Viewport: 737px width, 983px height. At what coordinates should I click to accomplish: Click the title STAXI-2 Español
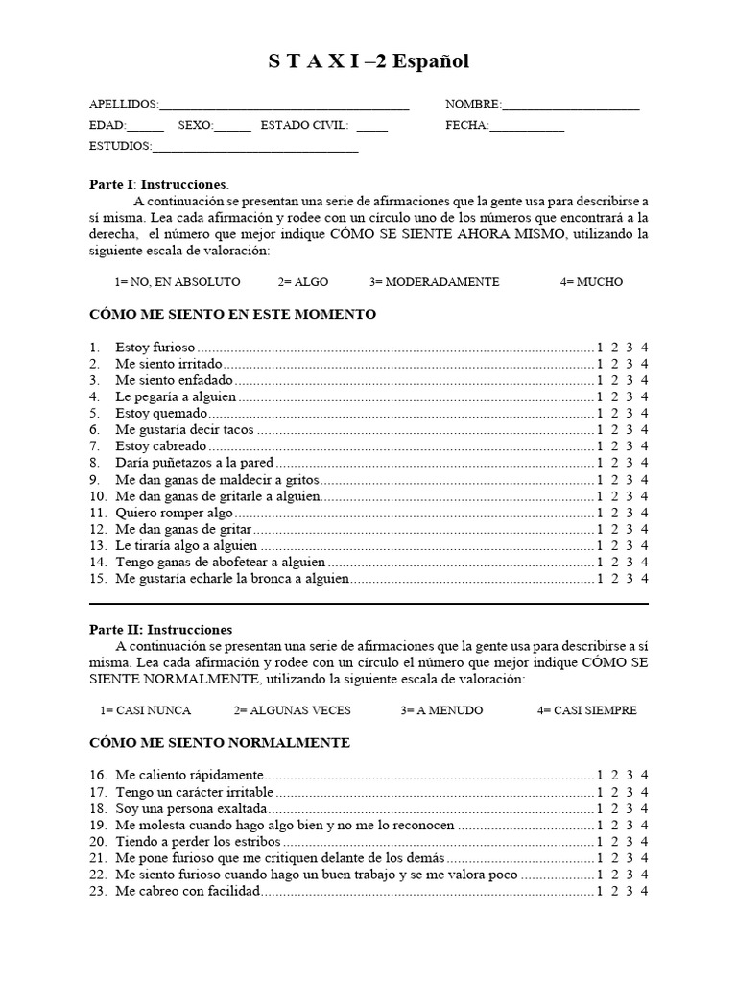click(368, 61)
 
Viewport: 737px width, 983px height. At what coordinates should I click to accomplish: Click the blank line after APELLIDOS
click(284, 106)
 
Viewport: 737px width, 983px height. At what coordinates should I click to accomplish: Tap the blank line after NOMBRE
click(570, 106)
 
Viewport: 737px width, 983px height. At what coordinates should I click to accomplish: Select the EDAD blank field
click(145, 127)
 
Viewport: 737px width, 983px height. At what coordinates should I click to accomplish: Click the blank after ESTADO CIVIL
click(371, 127)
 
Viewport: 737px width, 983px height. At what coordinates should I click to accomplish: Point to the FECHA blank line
click(527, 127)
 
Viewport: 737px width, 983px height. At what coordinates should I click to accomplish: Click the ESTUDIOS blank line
click(255, 148)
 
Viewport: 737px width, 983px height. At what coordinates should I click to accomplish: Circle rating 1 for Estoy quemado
click(600, 413)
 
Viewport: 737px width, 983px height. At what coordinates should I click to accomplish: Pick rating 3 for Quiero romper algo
click(630, 513)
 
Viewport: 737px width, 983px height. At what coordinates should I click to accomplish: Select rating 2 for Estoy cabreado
click(615, 446)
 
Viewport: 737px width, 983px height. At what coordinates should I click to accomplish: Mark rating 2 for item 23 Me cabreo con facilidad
click(615, 891)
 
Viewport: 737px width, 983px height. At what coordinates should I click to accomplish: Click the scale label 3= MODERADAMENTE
click(434, 282)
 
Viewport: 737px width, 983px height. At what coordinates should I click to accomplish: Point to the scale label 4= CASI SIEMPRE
click(587, 710)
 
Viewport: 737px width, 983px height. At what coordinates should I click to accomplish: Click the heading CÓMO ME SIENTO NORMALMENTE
click(219, 743)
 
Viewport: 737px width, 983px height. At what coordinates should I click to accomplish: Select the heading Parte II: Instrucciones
click(160, 630)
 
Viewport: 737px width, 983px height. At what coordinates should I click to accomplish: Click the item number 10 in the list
click(97, 496)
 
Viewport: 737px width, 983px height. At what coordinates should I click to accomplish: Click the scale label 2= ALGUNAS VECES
click(292, 710)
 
